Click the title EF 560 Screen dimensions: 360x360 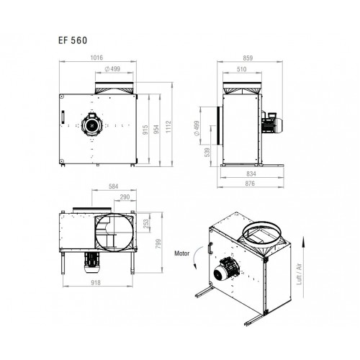[73, 40]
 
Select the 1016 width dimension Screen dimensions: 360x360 [96, 58]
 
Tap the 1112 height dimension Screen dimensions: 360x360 [168, 127]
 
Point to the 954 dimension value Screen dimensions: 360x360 [156, 129]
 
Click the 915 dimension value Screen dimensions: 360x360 [145, 130]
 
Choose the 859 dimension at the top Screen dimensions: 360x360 [248, 58]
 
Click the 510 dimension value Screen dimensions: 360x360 [241, 69]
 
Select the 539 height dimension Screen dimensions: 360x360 [207, 153]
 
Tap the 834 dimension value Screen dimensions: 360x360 [251, 174]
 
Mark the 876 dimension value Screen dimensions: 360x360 [250, 184]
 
